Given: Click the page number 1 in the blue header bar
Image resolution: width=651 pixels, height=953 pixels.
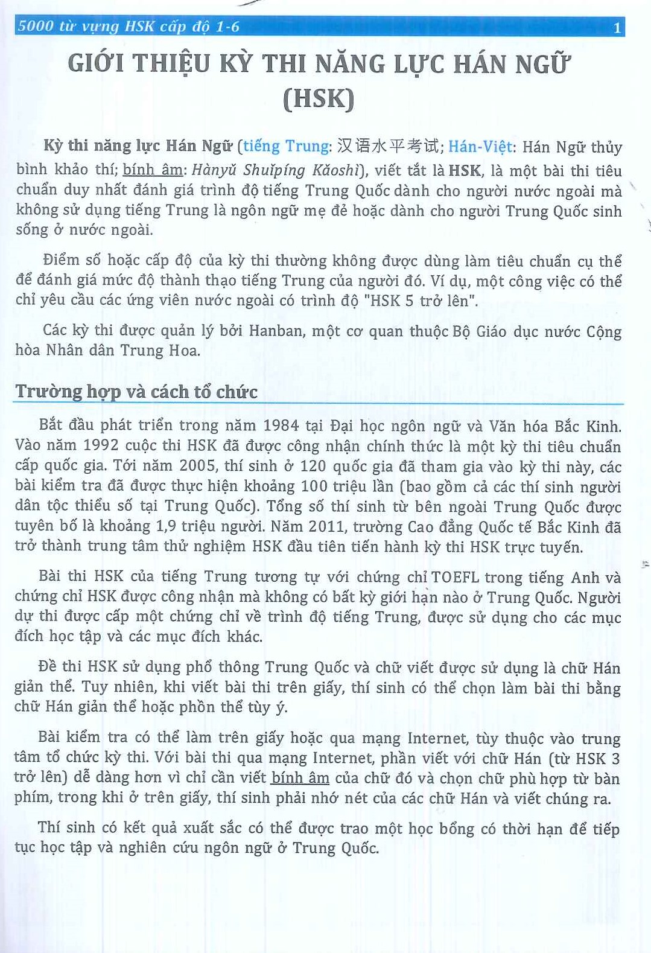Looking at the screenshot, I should [x=616, y=28].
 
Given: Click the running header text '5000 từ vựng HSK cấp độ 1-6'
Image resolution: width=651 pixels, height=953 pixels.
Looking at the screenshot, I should [x=129, y=27].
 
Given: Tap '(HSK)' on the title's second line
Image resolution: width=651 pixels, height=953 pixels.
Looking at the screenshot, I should [x=319, y=99].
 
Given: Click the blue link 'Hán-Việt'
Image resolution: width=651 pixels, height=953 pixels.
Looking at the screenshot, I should [x=480, y=147].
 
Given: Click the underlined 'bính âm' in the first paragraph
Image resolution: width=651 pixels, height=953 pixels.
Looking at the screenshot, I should [x=153, y=170].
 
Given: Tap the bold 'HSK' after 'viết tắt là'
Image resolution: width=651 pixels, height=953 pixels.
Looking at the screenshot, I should [x=465, y=170].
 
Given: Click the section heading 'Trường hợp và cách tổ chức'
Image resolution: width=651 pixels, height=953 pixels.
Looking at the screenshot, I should [x=136, y=392].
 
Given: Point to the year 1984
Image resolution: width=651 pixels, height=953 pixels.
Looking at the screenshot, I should [x=281, y=426].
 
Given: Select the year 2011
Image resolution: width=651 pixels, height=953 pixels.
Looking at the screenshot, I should [x=326, y=526].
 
